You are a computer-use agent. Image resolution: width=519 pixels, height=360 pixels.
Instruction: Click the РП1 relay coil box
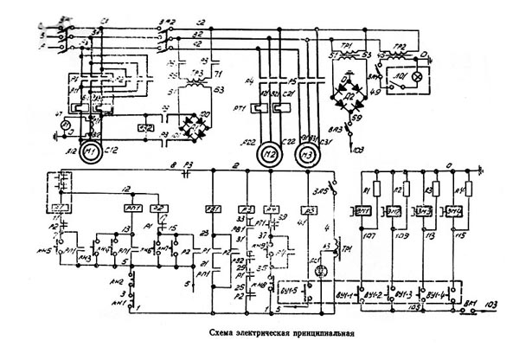133,209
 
